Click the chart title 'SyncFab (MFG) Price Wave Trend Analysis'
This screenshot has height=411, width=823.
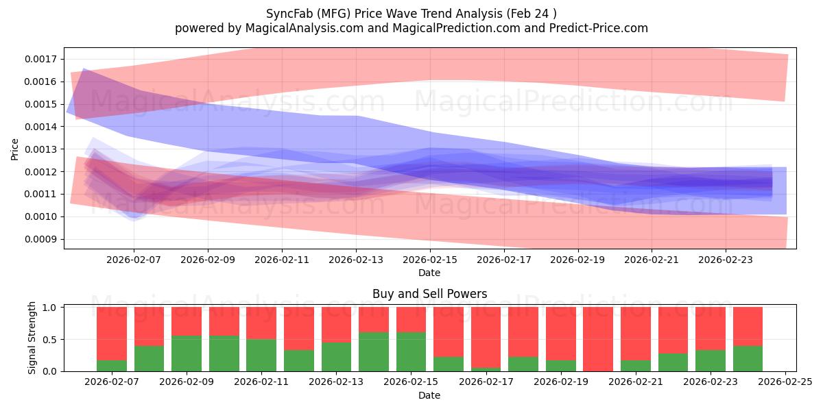click(411, 13)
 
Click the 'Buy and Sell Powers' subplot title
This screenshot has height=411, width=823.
click(429, 294)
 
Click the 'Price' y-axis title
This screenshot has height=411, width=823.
click(15, 149)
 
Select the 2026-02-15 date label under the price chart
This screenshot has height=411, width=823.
click(430, 260)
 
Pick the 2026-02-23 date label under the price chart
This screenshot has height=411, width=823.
click(725, 260)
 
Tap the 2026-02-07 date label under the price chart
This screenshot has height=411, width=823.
click(134, 260)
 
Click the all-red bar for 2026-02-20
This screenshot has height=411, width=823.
click(598, 339)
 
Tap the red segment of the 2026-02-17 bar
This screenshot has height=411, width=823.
click(486, 336)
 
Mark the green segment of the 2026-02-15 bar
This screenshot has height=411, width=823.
click(411, 351)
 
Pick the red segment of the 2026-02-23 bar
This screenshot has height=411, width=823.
click(710, 327)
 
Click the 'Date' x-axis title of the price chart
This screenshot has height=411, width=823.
click(429, 273)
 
